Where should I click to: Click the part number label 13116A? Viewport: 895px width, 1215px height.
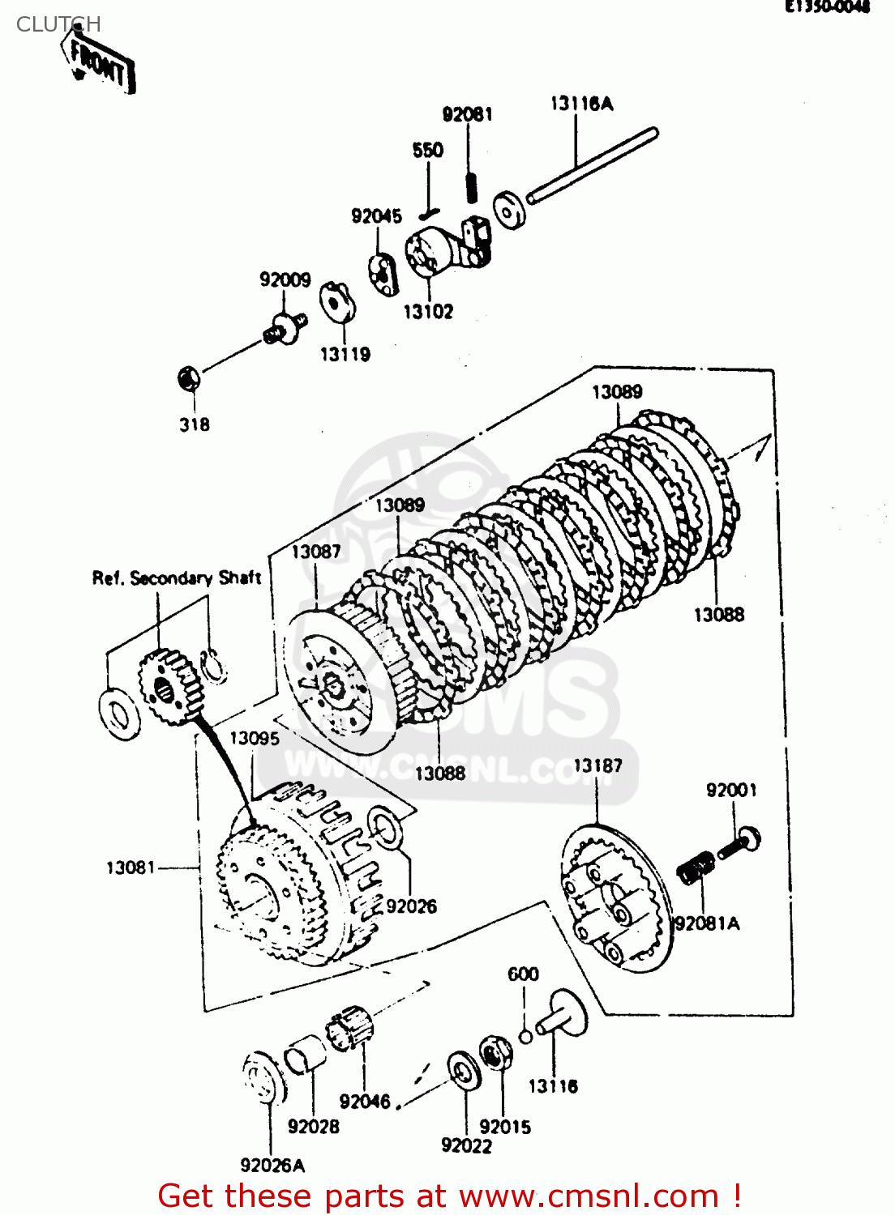point(581,104)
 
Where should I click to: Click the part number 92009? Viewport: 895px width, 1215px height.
point(285,280)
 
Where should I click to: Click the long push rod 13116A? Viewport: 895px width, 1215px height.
point(593,165)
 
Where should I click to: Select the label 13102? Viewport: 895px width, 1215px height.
point(428,312)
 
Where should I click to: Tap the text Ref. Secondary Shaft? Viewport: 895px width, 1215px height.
point(176,578)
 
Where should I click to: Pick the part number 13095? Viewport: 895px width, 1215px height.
point(254,739)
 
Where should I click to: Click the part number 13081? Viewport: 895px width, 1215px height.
point(131,868)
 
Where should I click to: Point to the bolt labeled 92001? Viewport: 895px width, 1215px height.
point(739,843)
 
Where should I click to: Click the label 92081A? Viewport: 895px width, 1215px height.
point(707,924)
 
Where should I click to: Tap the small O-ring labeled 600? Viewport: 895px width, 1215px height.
point(525,1036)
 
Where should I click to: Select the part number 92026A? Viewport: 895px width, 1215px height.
point(272,1166)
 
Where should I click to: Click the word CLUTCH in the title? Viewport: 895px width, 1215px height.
point(58,24)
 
